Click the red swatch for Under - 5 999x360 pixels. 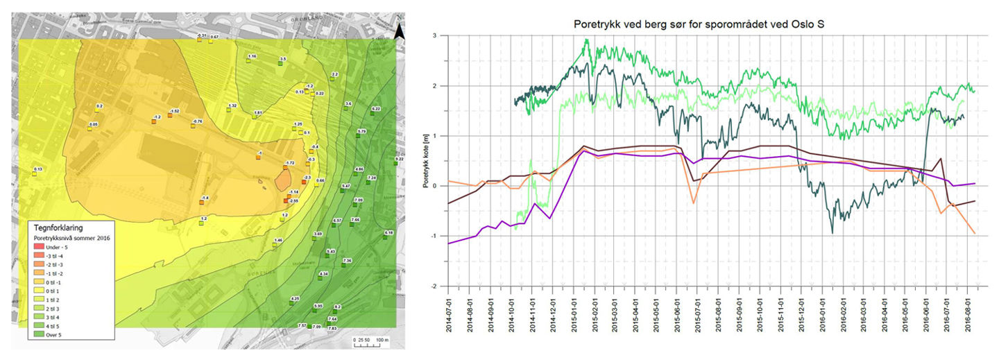point(40,247)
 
